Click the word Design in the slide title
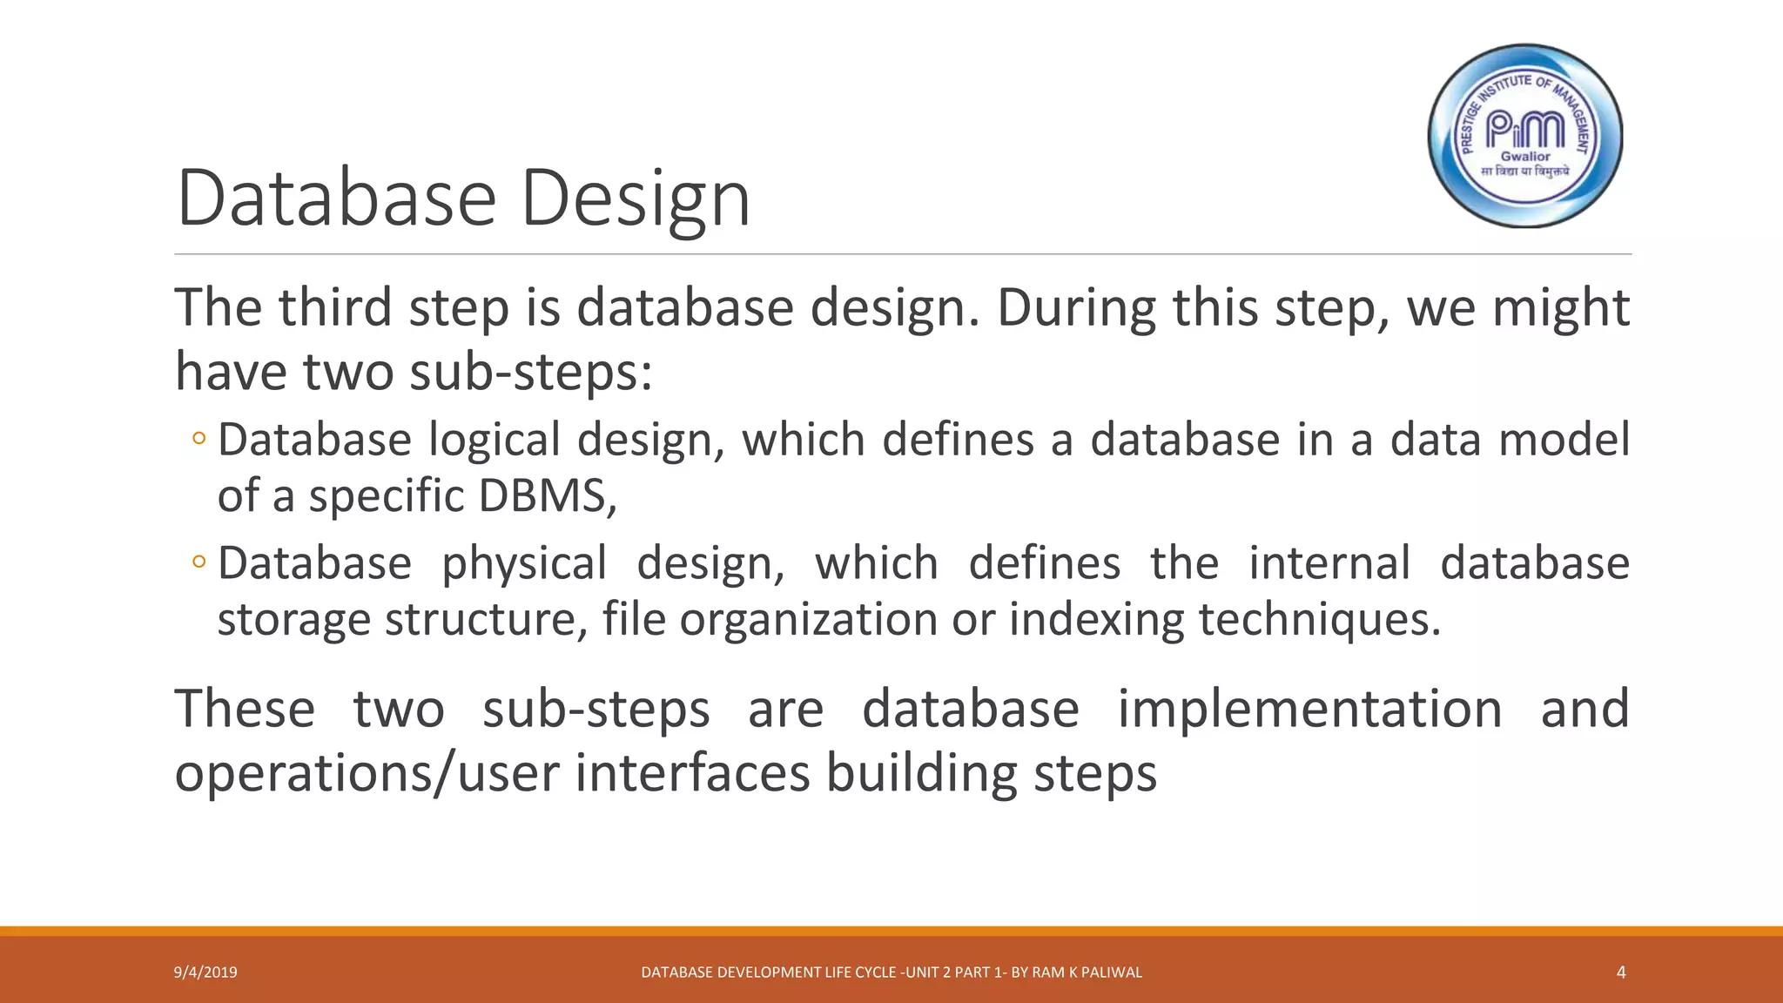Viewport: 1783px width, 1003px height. tap(635, 200)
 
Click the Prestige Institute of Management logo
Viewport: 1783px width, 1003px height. tap(1525, 136)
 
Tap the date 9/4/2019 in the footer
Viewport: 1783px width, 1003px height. tap(205, 973)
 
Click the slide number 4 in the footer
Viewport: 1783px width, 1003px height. tap(1620, 973)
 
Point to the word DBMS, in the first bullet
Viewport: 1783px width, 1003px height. tap(548, 496)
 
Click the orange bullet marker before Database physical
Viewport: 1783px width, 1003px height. tap(199, 562)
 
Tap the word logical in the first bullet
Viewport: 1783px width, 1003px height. tap(494, 439)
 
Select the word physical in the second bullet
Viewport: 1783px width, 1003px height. tap(523, 563)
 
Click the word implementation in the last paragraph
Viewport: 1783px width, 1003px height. tap(1309, 709)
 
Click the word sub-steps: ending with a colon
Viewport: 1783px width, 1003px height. tap(530, 373)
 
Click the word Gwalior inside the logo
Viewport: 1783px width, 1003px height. tap(1525, 157)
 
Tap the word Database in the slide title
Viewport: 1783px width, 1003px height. tap(336, 200)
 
